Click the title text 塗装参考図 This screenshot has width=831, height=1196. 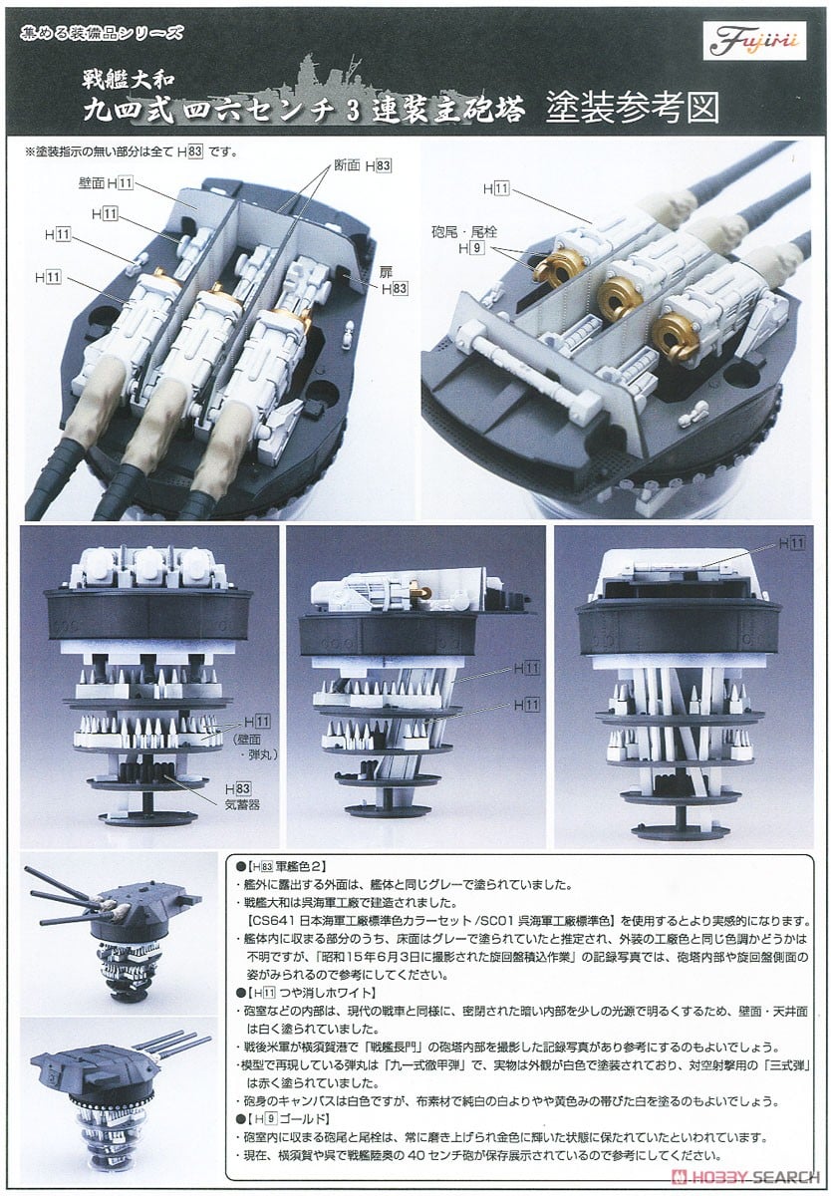[x=633, y=108]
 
